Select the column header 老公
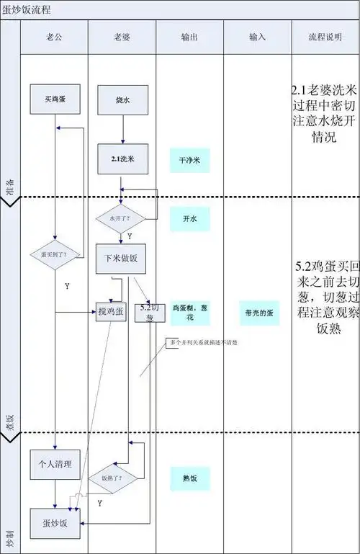tap(54, 36)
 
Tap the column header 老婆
tap(122, 36)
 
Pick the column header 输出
tap(189, 36)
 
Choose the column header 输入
tap(257, 36)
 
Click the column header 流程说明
tap(325, 36)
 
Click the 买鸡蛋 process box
tap(55, 99)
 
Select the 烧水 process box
tap(122, 99)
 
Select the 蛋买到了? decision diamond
tap(55, 254)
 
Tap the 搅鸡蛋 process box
tap(111, 311)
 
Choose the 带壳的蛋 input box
tap(258, 313)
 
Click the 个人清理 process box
tap(55, 465)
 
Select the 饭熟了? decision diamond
tap(111, 478)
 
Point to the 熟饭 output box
tap(189, 478)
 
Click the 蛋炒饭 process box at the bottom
tap(55, 523)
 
